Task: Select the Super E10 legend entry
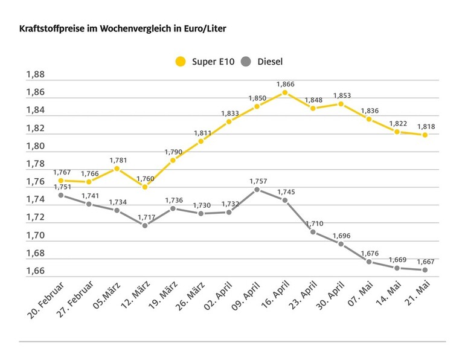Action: tap(203, 61)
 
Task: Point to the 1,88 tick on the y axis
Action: tap(35, 75)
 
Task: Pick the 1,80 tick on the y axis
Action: tap(35, 146)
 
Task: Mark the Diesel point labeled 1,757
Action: tap(257, 189)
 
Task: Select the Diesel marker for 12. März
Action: tap(144, 225)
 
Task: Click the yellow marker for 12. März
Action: tap(144, 187)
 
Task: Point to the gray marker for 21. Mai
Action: tap(425, 270)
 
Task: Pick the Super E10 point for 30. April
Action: tap(341, 104)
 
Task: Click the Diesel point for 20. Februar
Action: tap(60, 195)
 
